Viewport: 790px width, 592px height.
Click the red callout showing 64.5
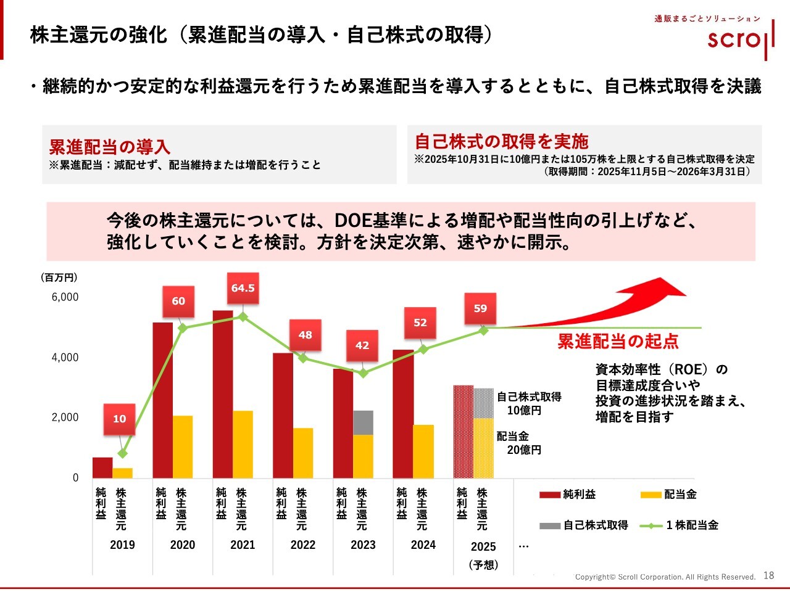(x=243, y=288)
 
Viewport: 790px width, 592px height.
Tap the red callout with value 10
(x=119, y=419)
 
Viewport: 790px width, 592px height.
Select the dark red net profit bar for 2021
(x=223, y=395)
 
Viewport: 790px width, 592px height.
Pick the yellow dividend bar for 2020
(x=183, y=447)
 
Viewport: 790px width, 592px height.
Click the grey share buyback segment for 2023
(x=363, y=422)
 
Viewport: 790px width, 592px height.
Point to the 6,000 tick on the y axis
(x=65, y=297)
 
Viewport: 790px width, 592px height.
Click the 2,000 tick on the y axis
(x=65, y=417)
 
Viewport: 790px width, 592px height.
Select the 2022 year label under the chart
(x=302, y=545)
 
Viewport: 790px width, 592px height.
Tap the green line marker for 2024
(x=423, y=350)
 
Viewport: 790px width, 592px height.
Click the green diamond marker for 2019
(x=122, y=453)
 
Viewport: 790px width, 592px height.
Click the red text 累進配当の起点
(x=618, y=342)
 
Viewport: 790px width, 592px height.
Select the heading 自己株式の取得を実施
(x=501, y=142)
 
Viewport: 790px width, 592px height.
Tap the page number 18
(x=768, y=575)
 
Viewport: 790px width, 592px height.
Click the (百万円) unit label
(x=59, y=277)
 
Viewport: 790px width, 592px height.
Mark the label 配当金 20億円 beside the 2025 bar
(x=518, y=443)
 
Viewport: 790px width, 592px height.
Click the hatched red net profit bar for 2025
(x=464, y=432)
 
